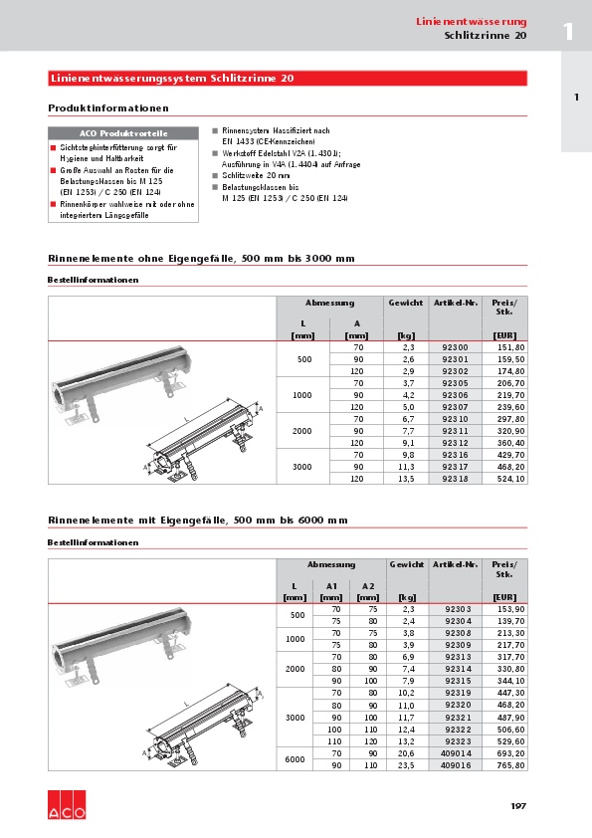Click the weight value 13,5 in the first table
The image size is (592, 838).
coord(406,478)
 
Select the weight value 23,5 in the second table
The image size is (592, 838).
coord(406,767)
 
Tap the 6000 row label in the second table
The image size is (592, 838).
coord(296,761)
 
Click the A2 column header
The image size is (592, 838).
coord(368,586)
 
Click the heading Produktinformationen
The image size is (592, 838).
coord(108,107)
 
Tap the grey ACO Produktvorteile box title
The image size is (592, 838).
coord(123,132)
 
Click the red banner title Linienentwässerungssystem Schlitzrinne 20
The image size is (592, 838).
coord(171,78)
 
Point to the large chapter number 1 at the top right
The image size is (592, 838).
coord(568,31)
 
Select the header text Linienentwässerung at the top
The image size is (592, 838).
coord(471,21)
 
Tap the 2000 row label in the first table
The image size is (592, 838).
coord(303,430)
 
